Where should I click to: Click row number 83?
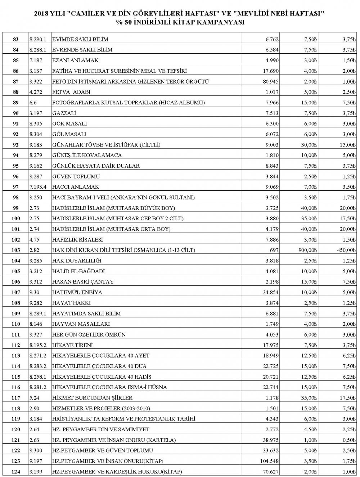coord(15,39)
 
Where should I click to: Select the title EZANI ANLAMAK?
coord(75,60)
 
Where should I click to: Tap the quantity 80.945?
coord(269,82)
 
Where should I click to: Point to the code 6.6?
coord(33,103)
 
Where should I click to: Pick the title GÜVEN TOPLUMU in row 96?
coord(76,177)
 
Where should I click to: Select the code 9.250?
coord(36,198)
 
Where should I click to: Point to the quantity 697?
coord(274,250)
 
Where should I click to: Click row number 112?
coord(15,345)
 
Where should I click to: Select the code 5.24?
coord(34,398)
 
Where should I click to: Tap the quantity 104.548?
coord(267,461)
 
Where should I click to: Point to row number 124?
coord(15,472)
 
